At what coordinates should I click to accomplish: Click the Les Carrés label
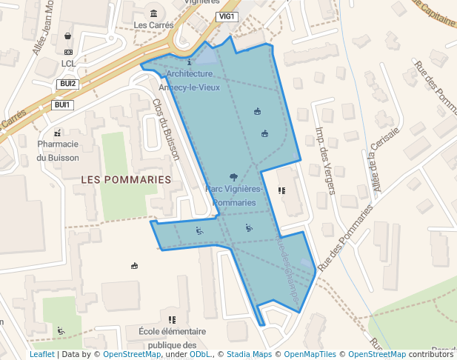pyautogui.click(x=153, y=24)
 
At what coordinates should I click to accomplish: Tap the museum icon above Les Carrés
pyautogui.click(x=153, y=13)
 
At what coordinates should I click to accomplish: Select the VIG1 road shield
pyautogui.click(x=226, y=16)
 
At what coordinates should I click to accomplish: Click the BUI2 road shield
pyautogui.click(x=68, y=84)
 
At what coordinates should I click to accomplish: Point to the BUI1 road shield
pyautogui.click(x=62, y=105)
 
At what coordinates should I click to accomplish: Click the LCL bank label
pyautogui.click(x=69, y=64)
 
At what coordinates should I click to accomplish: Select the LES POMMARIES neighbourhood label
pyautogui.click(x=125, y=180)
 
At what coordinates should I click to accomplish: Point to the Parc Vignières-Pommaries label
pyautogui.click(x=234, y=196)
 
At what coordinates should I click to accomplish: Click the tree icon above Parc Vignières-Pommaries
pyautogui.click(x=234, y=177)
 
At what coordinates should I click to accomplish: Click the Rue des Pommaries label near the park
pyautogui.click(x=345, y=236)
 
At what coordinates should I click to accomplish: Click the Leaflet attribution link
pyautogui.click(x=42, y=355)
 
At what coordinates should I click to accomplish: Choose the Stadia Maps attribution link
pyautogui.click(x=249, y=355)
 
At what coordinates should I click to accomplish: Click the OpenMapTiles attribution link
pyautogui.click(x=310, y=355)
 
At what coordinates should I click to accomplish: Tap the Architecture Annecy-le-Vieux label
pyautogui.click(x=189, y=80)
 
